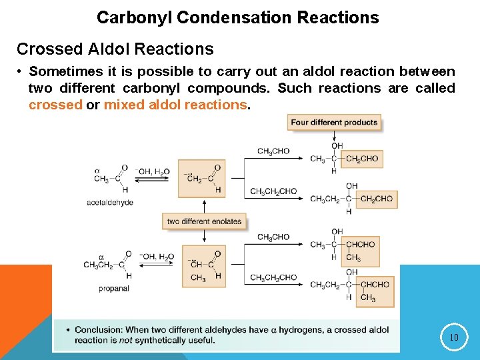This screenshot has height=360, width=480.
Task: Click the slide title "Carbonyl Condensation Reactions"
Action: (237, 17)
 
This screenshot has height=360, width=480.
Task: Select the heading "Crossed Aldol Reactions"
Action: (115, 49)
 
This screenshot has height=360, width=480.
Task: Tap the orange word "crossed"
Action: (55, 105)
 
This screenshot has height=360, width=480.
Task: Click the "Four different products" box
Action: (334, 122)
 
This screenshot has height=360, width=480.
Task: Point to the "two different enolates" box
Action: (204, 221)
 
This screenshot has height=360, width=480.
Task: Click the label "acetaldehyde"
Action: (110, 203)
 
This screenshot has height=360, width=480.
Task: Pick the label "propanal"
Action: (113, 289)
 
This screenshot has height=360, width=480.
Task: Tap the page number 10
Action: (453, 337)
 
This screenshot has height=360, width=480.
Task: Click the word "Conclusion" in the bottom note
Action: (98, 330)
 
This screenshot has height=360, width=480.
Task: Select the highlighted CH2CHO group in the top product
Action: (362, 159)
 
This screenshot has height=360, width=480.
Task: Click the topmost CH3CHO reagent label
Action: (273, 151)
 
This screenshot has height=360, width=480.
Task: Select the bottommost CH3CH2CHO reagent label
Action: (273, 278)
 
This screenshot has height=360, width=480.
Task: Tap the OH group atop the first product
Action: (337, 146)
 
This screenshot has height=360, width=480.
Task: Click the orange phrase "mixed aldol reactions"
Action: (175, 105)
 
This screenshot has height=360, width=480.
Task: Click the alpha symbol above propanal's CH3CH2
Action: (101, 256)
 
